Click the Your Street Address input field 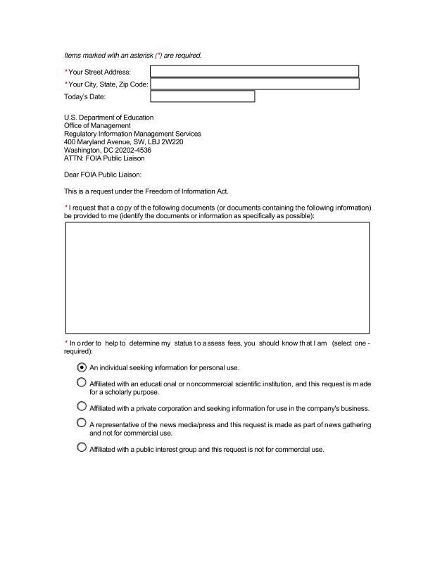[254, 71]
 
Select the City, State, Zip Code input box [254, 84]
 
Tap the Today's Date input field [203, 96]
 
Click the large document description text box [217, 277]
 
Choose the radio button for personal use [82, 367]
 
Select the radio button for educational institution [82, 383]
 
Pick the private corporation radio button [82, 407]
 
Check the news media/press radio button [82, 424]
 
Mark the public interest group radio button [82, 448]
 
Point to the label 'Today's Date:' [84, 97]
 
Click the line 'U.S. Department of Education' [108, 118]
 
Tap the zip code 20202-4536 [134, 150]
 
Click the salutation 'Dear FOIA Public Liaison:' [103, 175]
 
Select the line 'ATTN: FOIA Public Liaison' [104, 158]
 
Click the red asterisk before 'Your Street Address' [66, 71]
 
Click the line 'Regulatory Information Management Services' [132, 134]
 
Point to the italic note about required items [133, 55]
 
